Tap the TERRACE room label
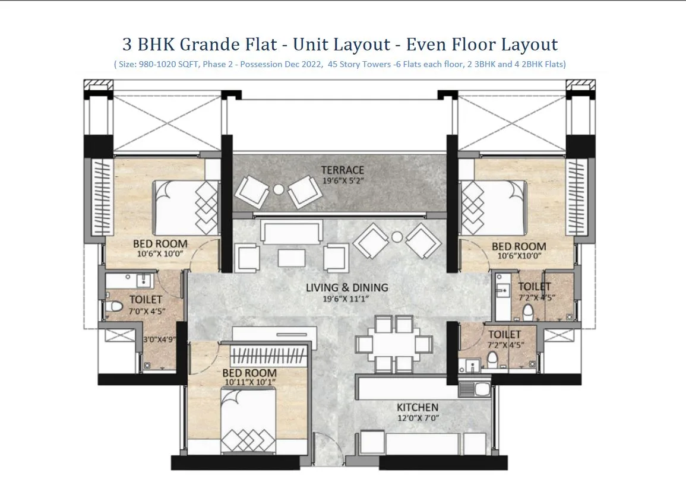[x=343, y=170]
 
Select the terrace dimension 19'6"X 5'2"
[x=343, y=180]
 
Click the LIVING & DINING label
[x=347, y=288]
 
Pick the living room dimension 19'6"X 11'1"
[x=347, y=299]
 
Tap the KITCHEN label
[x=418, y=408]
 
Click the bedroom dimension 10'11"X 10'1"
[x=249, y=383]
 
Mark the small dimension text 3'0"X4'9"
[x=159, y=340]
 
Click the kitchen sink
[x=474, y=390]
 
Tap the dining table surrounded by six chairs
[x=393, y=344]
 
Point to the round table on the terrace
[x=279, y=189]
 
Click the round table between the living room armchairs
[x=397, y=237]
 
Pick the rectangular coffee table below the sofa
[x=292, y=258]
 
